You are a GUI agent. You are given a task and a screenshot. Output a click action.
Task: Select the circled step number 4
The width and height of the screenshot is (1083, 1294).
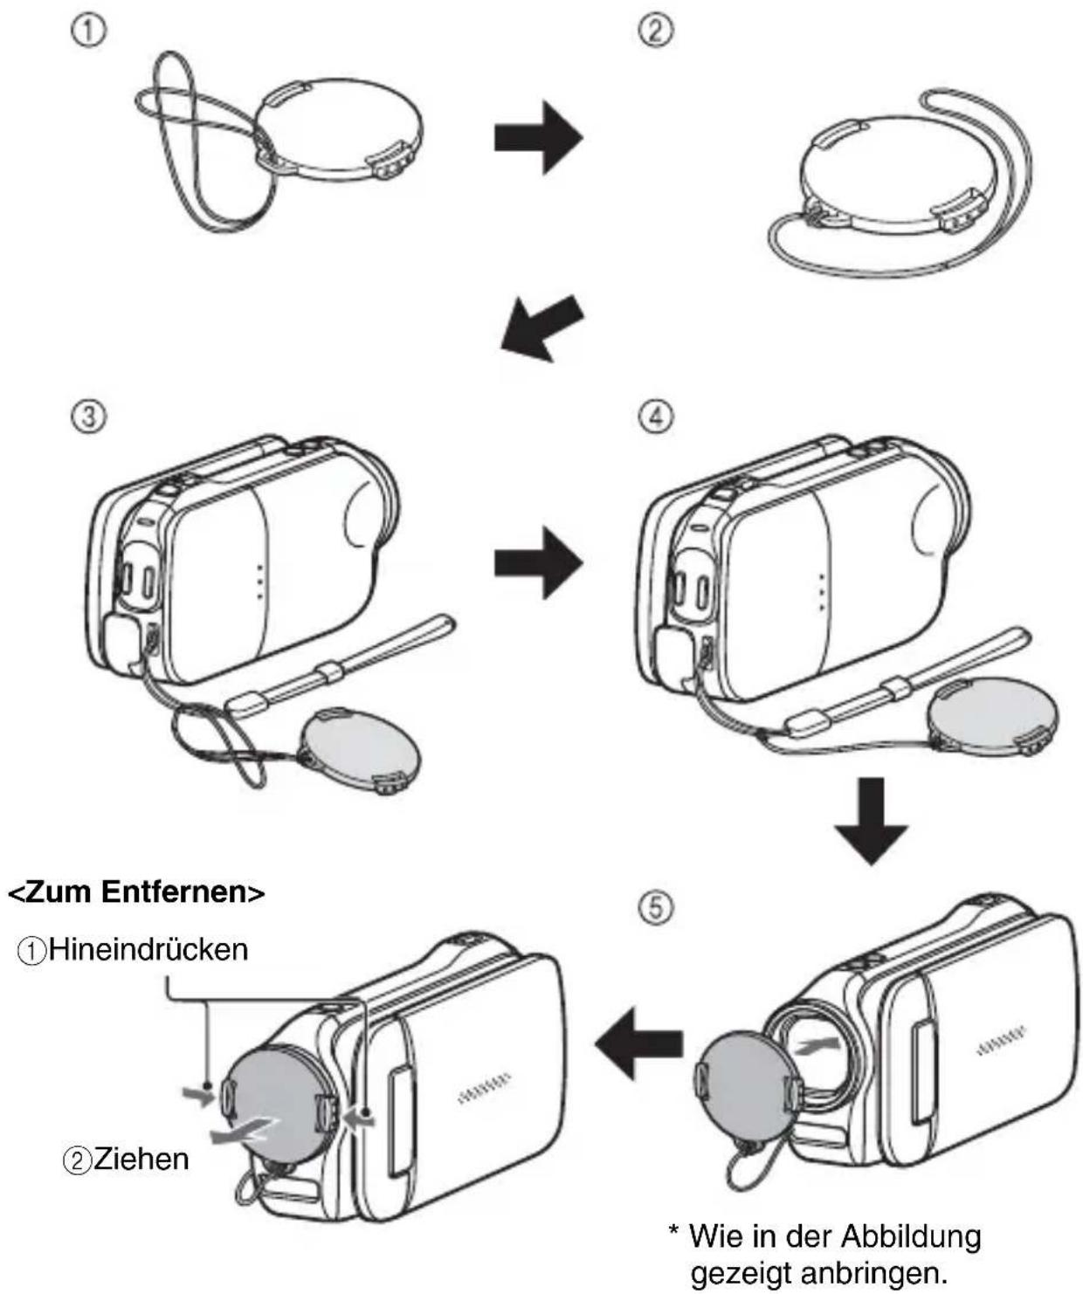pyautogui.click(x=655, y=417)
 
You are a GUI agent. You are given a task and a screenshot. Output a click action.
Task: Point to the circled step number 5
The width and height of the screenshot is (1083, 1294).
pyautogui.click(x=655, y=909)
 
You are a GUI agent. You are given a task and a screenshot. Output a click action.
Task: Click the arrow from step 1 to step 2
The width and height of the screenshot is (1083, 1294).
pyautogui.click(x=538, y=137)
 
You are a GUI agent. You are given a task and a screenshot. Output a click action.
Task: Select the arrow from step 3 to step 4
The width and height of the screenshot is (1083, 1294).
pyautogui.click(x=538, y=562)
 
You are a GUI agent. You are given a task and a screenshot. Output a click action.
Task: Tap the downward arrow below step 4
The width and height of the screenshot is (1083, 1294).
pyautogui.click(x=871, y=821)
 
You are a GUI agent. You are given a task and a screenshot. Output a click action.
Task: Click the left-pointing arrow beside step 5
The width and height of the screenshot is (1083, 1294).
pyautogui.click(x=638, y=1045)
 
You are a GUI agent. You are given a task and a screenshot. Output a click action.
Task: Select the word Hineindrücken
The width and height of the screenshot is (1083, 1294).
pyautogui.click(x=148, y=949)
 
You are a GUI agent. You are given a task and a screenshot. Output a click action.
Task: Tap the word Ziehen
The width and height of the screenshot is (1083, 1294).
pyautogui.click(x=141, y=1159)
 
